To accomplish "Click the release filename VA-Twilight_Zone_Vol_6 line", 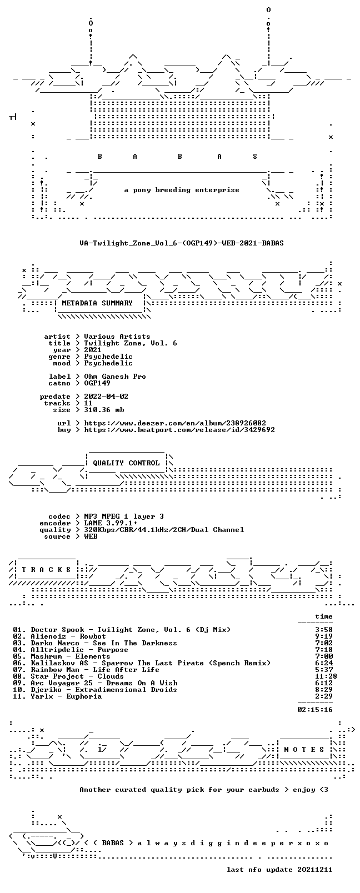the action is tap(182, 243).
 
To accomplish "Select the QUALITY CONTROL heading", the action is tap(126, 463).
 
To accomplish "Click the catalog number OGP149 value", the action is tap(97, 383).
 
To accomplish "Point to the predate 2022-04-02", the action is tap(106, 397).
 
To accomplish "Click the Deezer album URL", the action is tap(175, 423).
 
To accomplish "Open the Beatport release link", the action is tap(179, 430).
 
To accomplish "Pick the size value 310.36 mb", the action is tap(104, 410).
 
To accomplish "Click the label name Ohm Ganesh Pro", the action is tap(115, 377).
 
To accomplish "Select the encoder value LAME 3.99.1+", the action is tap(111, 523).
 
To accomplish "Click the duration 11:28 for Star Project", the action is tap(326, 676).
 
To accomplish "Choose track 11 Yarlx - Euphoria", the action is tap(57, 696).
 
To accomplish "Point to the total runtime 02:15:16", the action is tap(315, 710).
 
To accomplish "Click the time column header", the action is tap(324, 616).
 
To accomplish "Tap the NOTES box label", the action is tap(304, 750).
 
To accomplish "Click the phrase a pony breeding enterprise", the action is tap(182, 190).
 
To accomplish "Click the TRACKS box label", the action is tap(46, 570).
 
